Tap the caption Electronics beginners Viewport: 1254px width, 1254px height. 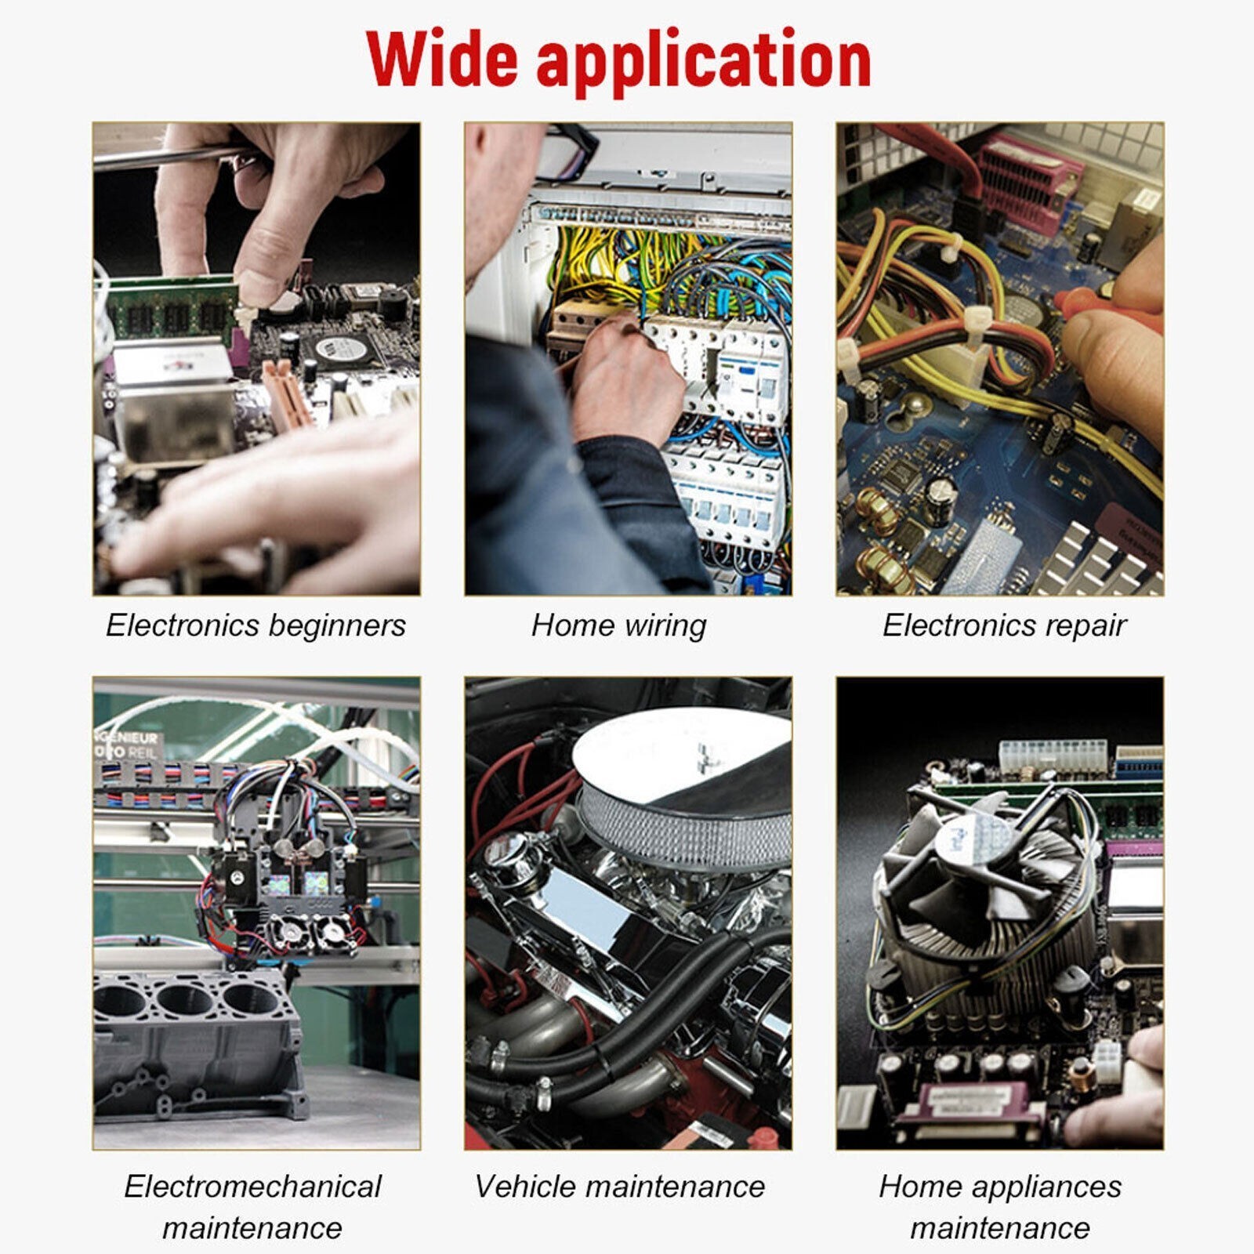256,625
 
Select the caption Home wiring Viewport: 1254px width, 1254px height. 618,625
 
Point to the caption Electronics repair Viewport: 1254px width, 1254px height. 1004,625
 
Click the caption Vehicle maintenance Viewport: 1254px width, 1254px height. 619,1187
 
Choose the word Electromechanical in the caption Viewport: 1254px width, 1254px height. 252,1187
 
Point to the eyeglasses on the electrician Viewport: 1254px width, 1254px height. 568,153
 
